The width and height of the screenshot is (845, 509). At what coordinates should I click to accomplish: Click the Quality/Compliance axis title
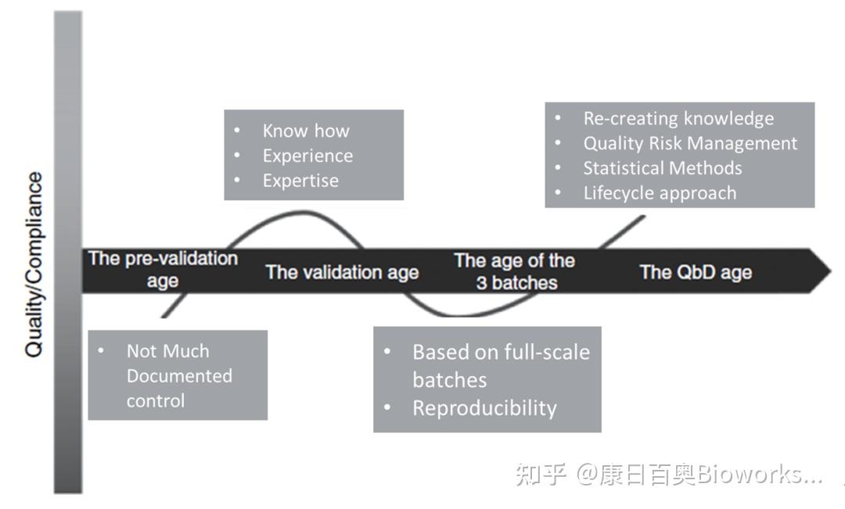pyautogui.click(x=34, y=264)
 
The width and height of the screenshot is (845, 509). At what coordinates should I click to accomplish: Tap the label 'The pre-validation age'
pyautogui.click(x=163, y=269)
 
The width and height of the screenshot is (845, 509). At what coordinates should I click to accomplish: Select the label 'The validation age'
pyautogui.click(x=342, y=272)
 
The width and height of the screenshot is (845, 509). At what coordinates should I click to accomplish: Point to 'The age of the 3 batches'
pyautogui.click(x=515, y=271)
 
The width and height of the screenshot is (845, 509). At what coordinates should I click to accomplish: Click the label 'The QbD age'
pyautogui.click(x=696, y=272)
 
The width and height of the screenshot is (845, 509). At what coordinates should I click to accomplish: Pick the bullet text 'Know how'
pyautogui.click(x=306, y=131)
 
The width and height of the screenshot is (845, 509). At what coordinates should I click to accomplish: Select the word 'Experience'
pyautogui.click(x=307, y=156)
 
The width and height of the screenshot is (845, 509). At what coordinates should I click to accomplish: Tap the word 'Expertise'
pyautogui.click(x=300, y=181)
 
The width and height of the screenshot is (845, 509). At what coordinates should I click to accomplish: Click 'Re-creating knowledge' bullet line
pyautogui.click(x=678, y=118)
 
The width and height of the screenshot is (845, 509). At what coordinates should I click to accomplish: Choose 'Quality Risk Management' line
pyautogui.click(x=690, y=143)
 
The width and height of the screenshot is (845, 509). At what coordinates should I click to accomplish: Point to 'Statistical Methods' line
pyautogui.click(x=663, y=168)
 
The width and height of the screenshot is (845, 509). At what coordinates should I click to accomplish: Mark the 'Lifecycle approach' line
pyautogui.click(x=660, y=193)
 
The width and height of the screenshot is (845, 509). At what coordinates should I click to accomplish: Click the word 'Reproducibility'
pyautogui.click(x=484, y=408)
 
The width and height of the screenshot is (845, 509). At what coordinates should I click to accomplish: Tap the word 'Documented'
pyautogui.click(x=179, y=376)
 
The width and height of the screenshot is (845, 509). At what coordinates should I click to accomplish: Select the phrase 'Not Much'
pyautogui.click(x=167, y=351)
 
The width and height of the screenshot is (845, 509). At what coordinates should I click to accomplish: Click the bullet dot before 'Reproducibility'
pyautogui.click(x=387, y=407)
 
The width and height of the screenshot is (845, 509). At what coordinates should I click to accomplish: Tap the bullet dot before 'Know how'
pyautogui.click(x=237, y=131)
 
